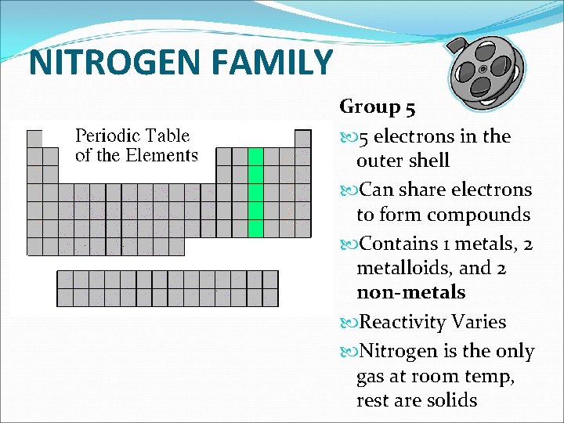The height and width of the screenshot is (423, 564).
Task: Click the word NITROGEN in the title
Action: (110, 63)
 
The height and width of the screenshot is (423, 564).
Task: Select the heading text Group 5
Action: (378, 107)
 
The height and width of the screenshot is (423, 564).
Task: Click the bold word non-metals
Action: (410, 292)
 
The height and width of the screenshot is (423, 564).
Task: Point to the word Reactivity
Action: (403, 322)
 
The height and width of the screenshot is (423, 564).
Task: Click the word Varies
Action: (479, 322)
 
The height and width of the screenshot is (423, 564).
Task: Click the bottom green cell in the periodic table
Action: (255, 229)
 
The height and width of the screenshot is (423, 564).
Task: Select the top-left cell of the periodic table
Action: (34, 139)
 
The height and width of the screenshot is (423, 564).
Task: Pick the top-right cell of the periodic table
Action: (302, 139)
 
